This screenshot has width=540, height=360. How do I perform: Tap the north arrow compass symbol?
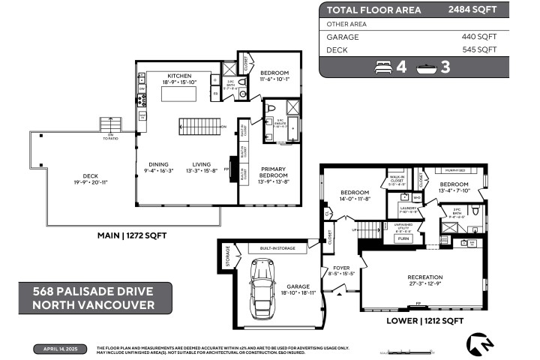[x=480, y=344]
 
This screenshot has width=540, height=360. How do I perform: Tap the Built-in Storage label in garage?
[x=277, y=247]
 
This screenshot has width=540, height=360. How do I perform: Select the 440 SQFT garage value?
[x=479, y=36]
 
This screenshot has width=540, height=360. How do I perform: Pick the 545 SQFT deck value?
[x=479, y=49]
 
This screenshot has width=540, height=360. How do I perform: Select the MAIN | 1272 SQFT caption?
[x=132, y=235]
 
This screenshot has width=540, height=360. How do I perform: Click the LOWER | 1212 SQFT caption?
[x=424, y=320]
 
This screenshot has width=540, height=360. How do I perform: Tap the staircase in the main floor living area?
[x=201, y=126]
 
